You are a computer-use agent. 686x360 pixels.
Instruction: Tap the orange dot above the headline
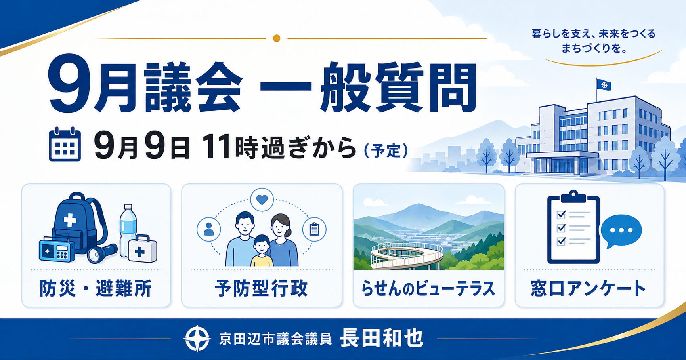click(x=277, y=38)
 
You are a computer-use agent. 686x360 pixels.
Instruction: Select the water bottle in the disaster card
click(x=128, y=230)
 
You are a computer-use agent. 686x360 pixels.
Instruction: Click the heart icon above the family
click(x=262, y=200)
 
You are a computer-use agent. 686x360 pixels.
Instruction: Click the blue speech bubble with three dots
click(x=621, y=231)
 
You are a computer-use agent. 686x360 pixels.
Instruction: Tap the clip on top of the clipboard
click(x=573, y=196)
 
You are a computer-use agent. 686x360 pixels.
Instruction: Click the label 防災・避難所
click(x=96, y=288)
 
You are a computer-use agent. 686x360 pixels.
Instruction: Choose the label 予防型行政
click(x=261, y=288)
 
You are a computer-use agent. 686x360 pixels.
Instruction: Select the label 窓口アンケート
click(x=589, y=288)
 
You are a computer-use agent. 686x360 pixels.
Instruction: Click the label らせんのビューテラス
click(x=428, y=289)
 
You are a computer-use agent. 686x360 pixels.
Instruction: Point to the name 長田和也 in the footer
click(x=382, y=339)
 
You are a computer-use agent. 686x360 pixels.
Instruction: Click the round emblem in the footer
click(x=197, y=339)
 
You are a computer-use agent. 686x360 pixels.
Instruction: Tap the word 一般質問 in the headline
click(x=368, y=88)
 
